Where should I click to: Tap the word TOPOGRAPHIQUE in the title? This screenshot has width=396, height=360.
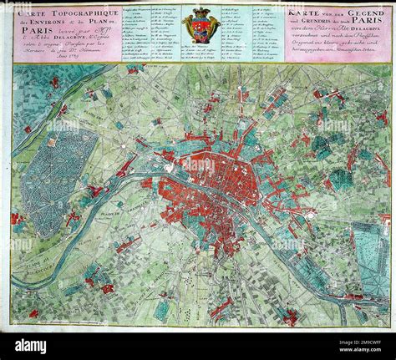tap(79, 14)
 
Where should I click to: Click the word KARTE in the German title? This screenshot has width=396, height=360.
tap(304, 14)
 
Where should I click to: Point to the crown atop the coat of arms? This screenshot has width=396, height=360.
tap(201, 11)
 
